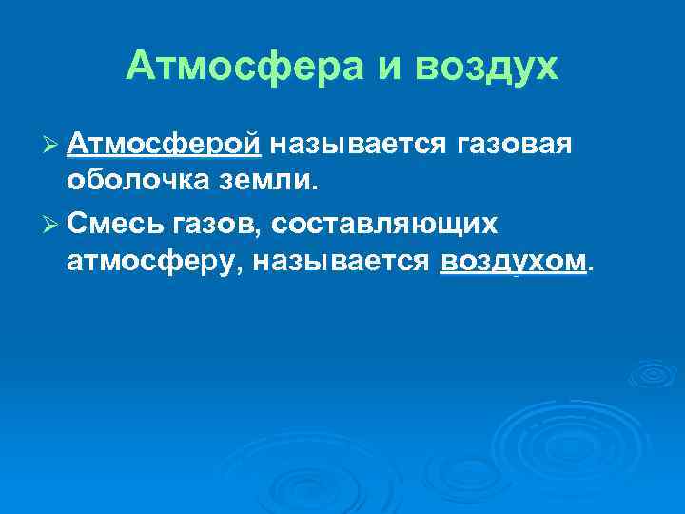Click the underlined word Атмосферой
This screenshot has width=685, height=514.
point(165,144)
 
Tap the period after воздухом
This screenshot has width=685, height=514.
point(593,268)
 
